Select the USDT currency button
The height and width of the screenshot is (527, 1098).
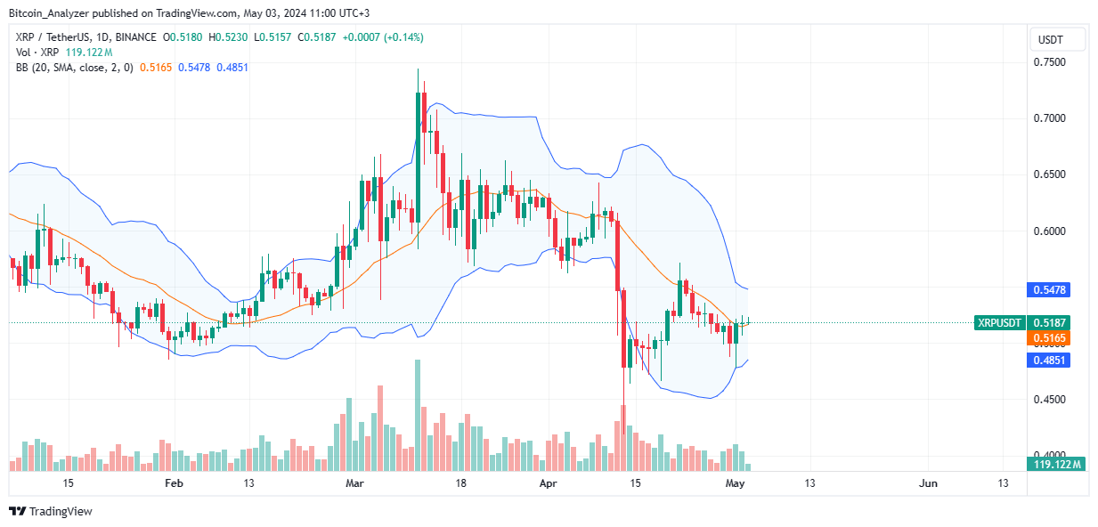tap(1058, 39)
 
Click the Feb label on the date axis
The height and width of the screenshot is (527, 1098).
tap(174, 483)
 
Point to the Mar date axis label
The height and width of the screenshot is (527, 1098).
tap(355, 483)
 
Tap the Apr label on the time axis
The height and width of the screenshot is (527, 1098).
tap(549, 483)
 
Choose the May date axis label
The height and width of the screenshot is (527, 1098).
tap(735, 483)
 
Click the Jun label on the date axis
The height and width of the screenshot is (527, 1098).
tap(928, 483)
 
